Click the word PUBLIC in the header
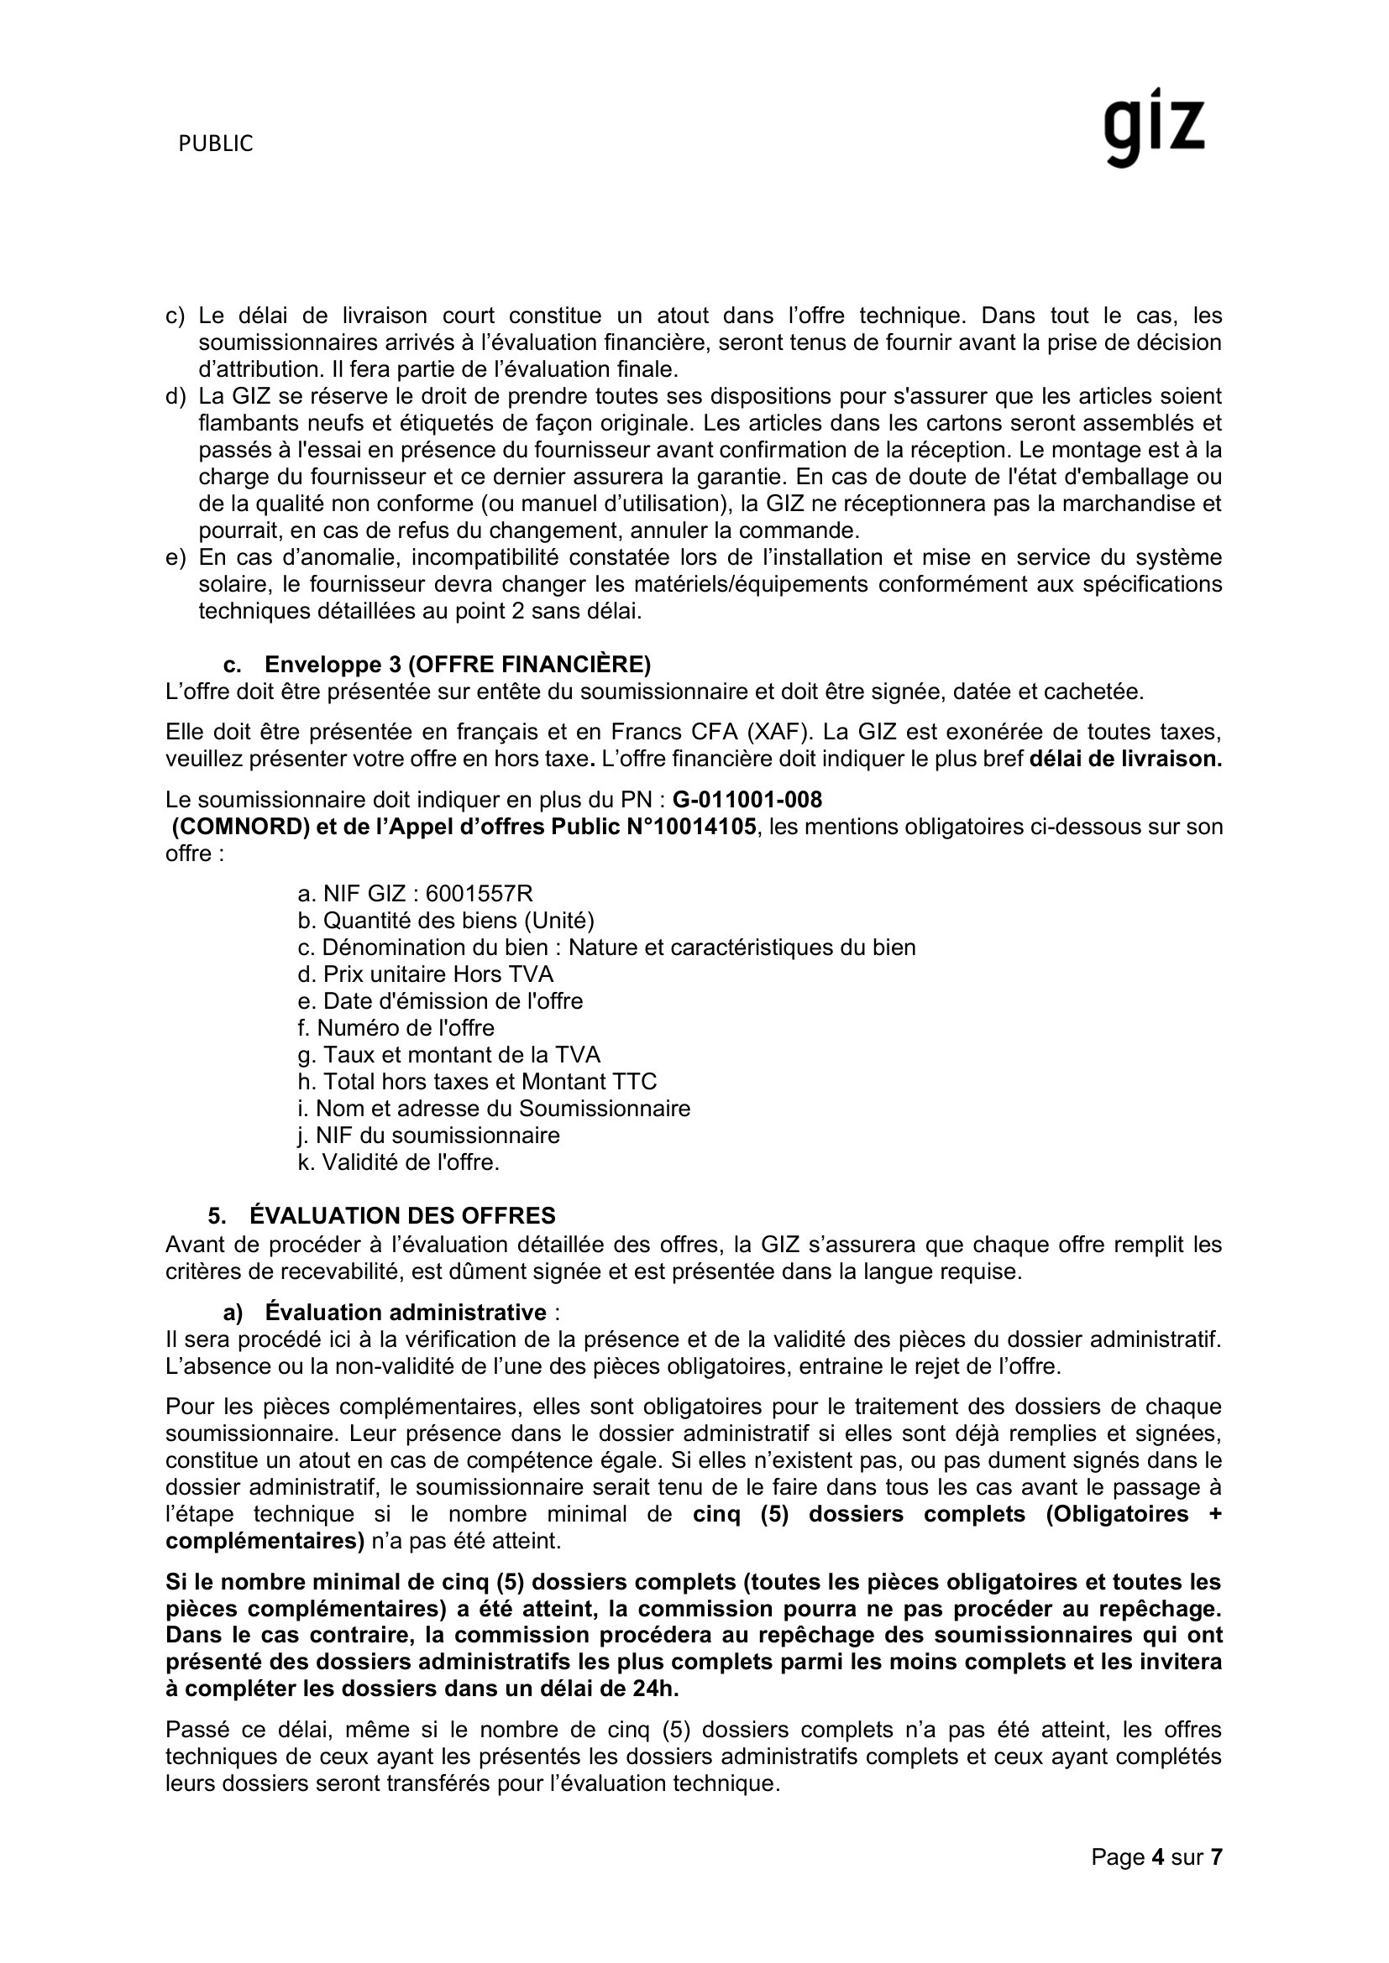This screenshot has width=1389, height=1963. pos(216,144)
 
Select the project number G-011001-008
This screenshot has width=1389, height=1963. pos(747,801)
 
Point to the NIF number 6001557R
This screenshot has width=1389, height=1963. pos(479,895)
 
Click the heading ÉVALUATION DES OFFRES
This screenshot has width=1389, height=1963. pos(402,1216)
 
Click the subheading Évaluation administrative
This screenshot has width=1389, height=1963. pos(406,1313)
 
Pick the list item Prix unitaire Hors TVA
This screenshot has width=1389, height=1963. pos(437,974)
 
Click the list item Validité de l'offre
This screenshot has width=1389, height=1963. pos(410,1162)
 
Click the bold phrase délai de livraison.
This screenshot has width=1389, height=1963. pos(1125,760)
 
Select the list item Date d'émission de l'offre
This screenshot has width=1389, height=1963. pos(453,1001)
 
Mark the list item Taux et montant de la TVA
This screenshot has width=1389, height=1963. pos(461,1055)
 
